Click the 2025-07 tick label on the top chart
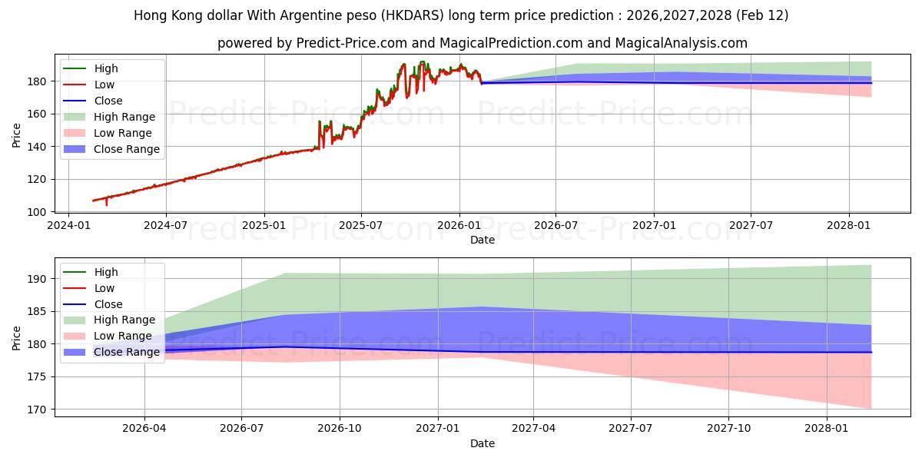[361, 225]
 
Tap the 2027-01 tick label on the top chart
[654, 225]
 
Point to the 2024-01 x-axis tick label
[68, 225]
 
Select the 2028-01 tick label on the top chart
[849, 225]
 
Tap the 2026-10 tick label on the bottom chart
[340, 428]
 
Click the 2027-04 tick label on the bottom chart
[533, 428]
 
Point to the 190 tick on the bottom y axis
[38, 279]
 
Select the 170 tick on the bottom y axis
[38, 410]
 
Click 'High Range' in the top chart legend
[124, 117]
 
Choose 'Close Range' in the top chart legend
[127, 149]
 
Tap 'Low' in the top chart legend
[104, 85]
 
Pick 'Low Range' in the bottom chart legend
[123, 336]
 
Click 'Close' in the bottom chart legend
[108, 304]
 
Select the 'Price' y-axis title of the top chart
[17, 135]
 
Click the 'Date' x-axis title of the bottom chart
[483, 443]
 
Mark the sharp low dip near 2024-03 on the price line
[107, 204]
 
